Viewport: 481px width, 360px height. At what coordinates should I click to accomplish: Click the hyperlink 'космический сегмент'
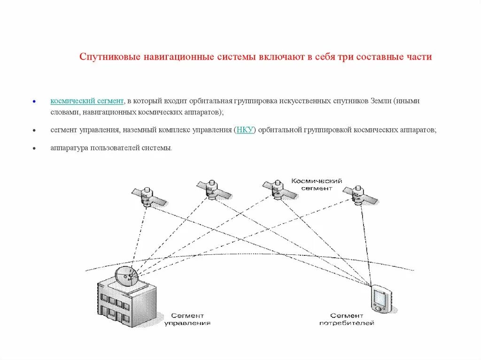(87, 101)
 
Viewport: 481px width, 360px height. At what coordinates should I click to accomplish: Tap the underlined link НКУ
(245, 130)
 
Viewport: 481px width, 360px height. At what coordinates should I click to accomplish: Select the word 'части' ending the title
(420, 57)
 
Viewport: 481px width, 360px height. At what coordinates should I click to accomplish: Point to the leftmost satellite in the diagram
(148, 197)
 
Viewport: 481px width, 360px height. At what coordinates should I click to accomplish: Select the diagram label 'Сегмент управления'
(187, 319)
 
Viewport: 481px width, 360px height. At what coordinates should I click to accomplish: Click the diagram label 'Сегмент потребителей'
(347, 319)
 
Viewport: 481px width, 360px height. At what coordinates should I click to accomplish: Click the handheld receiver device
(380, 299)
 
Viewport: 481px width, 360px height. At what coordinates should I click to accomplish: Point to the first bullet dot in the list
(34, 101)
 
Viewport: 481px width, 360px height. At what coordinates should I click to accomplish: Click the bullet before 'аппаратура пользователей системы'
(34, 148)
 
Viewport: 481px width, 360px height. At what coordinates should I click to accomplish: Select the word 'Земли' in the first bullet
(381, 101)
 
